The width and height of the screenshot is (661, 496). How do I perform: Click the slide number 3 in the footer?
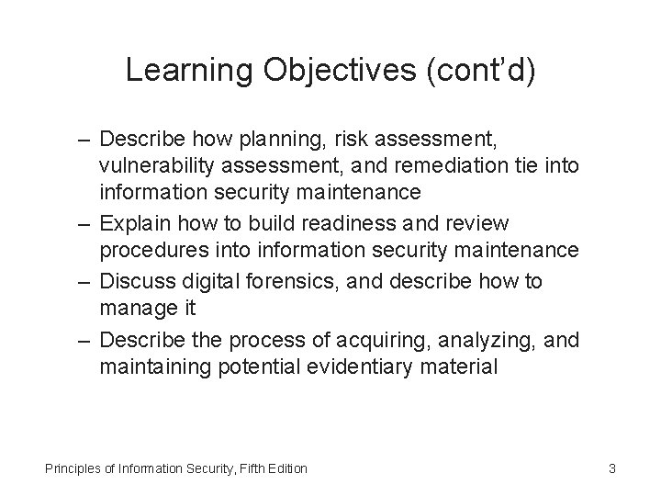611,469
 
